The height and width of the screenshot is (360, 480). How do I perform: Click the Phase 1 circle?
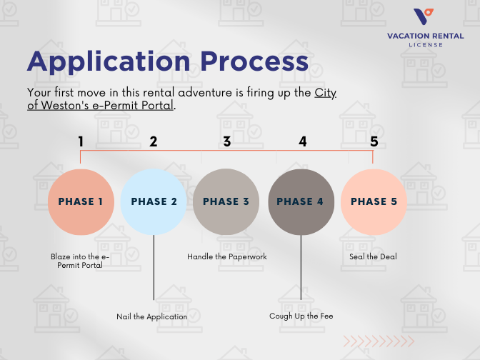tap(81, 202)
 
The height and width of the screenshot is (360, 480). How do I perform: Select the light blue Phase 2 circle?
tap(154, 202)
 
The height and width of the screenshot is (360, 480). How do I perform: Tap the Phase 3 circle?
tap(226, 202)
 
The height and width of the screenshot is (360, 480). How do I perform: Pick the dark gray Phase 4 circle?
tap(301, 202)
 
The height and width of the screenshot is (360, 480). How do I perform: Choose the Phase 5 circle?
tap(374, 202)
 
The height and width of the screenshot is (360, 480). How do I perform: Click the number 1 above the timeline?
tap(81, 141)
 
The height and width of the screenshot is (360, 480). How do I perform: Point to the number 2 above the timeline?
tap(154, 141)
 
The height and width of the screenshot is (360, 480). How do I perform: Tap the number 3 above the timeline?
tap(227, 141)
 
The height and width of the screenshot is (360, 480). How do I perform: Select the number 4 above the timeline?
tap(303, 141)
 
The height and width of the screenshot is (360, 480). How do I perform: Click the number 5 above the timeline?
tap(374, 141)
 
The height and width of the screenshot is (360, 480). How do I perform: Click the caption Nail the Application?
tap(152, 316)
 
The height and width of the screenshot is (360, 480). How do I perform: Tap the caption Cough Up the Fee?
tap(301, 316)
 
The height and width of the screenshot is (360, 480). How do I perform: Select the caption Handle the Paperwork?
tap(227, 256)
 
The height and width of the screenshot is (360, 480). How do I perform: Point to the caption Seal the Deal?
tap(373, 256)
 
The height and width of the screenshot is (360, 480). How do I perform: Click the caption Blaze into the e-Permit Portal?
tap(81, 261)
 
